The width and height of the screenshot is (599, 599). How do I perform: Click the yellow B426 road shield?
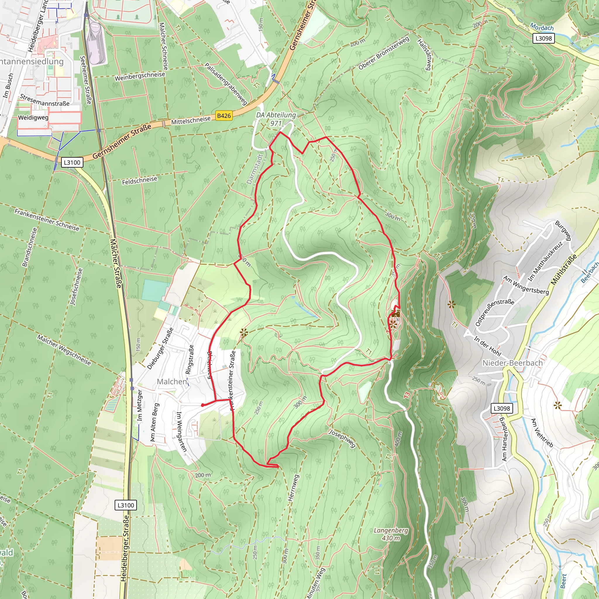coord(224,116)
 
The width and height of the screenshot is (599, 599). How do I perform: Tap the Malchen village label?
coord(172,381)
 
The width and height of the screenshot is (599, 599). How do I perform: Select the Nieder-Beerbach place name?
coord(512,363)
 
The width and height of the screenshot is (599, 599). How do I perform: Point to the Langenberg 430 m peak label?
coord(391,534)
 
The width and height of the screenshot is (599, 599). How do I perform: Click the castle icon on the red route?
coord(395,313)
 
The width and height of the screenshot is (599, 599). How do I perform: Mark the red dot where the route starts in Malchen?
coord(202,405)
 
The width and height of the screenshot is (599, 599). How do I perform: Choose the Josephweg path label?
coord(342,439)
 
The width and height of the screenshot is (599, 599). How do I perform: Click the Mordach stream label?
coord(542,27)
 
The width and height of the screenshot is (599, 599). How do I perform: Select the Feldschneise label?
coord(140,180)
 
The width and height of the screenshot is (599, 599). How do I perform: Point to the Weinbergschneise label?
coord(140,76)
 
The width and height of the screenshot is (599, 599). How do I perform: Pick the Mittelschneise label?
coord(191,120)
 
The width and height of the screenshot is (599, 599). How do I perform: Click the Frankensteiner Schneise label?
coord(47,220)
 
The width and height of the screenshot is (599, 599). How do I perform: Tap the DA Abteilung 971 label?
coord(276,119)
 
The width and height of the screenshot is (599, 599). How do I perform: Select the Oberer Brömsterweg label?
coord(384,53)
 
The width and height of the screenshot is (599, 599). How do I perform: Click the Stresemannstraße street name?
coord(45,100)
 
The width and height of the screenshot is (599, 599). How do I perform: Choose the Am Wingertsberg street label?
coord(526,285)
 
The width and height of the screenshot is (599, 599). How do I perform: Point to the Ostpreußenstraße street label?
coord(495,312)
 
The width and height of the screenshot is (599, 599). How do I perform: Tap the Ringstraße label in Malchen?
coord(189,360)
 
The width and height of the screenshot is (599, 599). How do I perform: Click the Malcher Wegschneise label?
coord(64,350)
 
